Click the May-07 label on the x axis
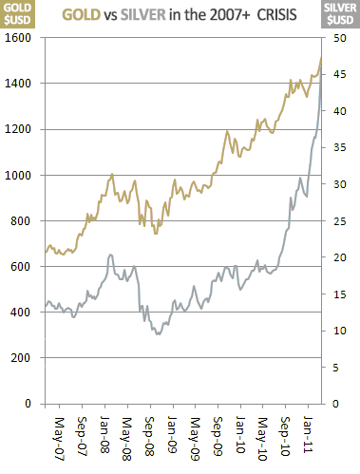tap(60, 436)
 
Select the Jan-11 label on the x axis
tap(311, 436)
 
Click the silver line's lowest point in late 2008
tap(158, 334)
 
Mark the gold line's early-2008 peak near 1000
tap(112, 175)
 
